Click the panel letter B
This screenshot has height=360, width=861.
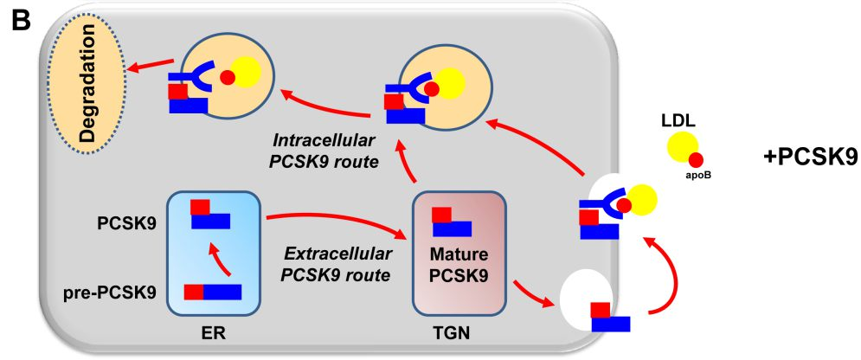click(18, 19)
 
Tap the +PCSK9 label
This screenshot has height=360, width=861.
click(810, 157)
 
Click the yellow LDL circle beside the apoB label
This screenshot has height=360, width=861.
click(681, 147)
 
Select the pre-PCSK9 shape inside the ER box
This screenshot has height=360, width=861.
click(212, 292)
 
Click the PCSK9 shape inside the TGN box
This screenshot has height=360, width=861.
click(451, 222)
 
